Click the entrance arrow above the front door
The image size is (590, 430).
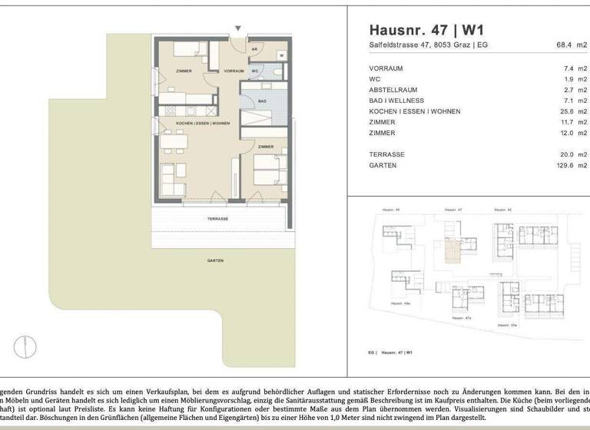[x=237, y=28]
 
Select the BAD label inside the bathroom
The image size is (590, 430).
[x=262, y=101]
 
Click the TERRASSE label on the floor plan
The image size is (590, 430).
[x=217, y=219]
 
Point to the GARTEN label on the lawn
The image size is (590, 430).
[x=215, y=261]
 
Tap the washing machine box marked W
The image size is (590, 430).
[x=282, y=55]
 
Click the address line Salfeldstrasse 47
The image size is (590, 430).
[x=428, y=45]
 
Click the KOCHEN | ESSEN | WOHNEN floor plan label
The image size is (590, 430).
[x=203, y=124]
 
